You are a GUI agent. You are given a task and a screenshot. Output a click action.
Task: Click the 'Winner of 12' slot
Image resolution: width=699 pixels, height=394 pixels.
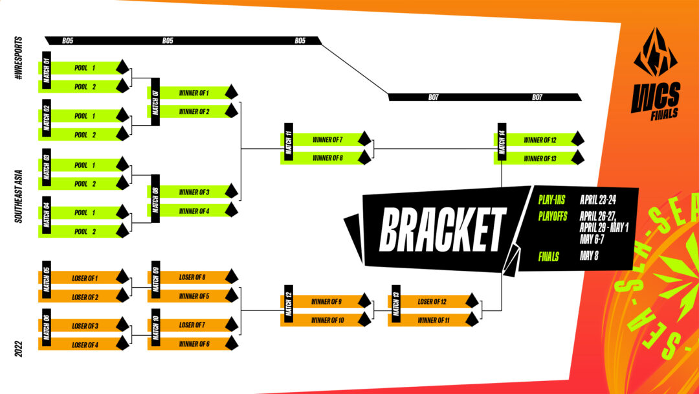pyautogui.click(x=540, y=139)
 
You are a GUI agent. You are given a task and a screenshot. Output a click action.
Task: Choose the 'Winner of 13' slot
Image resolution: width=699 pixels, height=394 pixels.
pyautogui.click(x=540, y=158)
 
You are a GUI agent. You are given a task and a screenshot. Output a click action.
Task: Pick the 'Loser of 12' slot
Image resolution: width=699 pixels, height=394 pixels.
pyautogui.click(x=434, y=301)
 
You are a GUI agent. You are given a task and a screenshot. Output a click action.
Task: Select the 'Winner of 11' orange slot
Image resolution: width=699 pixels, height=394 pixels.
pyautogui.click(x=434, y=320)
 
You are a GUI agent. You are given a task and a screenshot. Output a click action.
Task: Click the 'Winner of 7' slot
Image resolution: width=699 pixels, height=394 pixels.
pyautogui.click(x=327, y=139)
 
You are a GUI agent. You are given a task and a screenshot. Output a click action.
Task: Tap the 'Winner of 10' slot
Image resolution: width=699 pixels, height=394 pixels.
pyautogui.click(x=327, y=320)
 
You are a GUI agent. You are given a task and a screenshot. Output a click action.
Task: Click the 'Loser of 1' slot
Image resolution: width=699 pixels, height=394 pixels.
pyautogui.click(x=85, y=278)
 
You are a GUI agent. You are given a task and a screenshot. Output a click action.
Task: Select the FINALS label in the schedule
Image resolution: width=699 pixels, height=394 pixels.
pyautogui.click(x=548, y=256)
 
